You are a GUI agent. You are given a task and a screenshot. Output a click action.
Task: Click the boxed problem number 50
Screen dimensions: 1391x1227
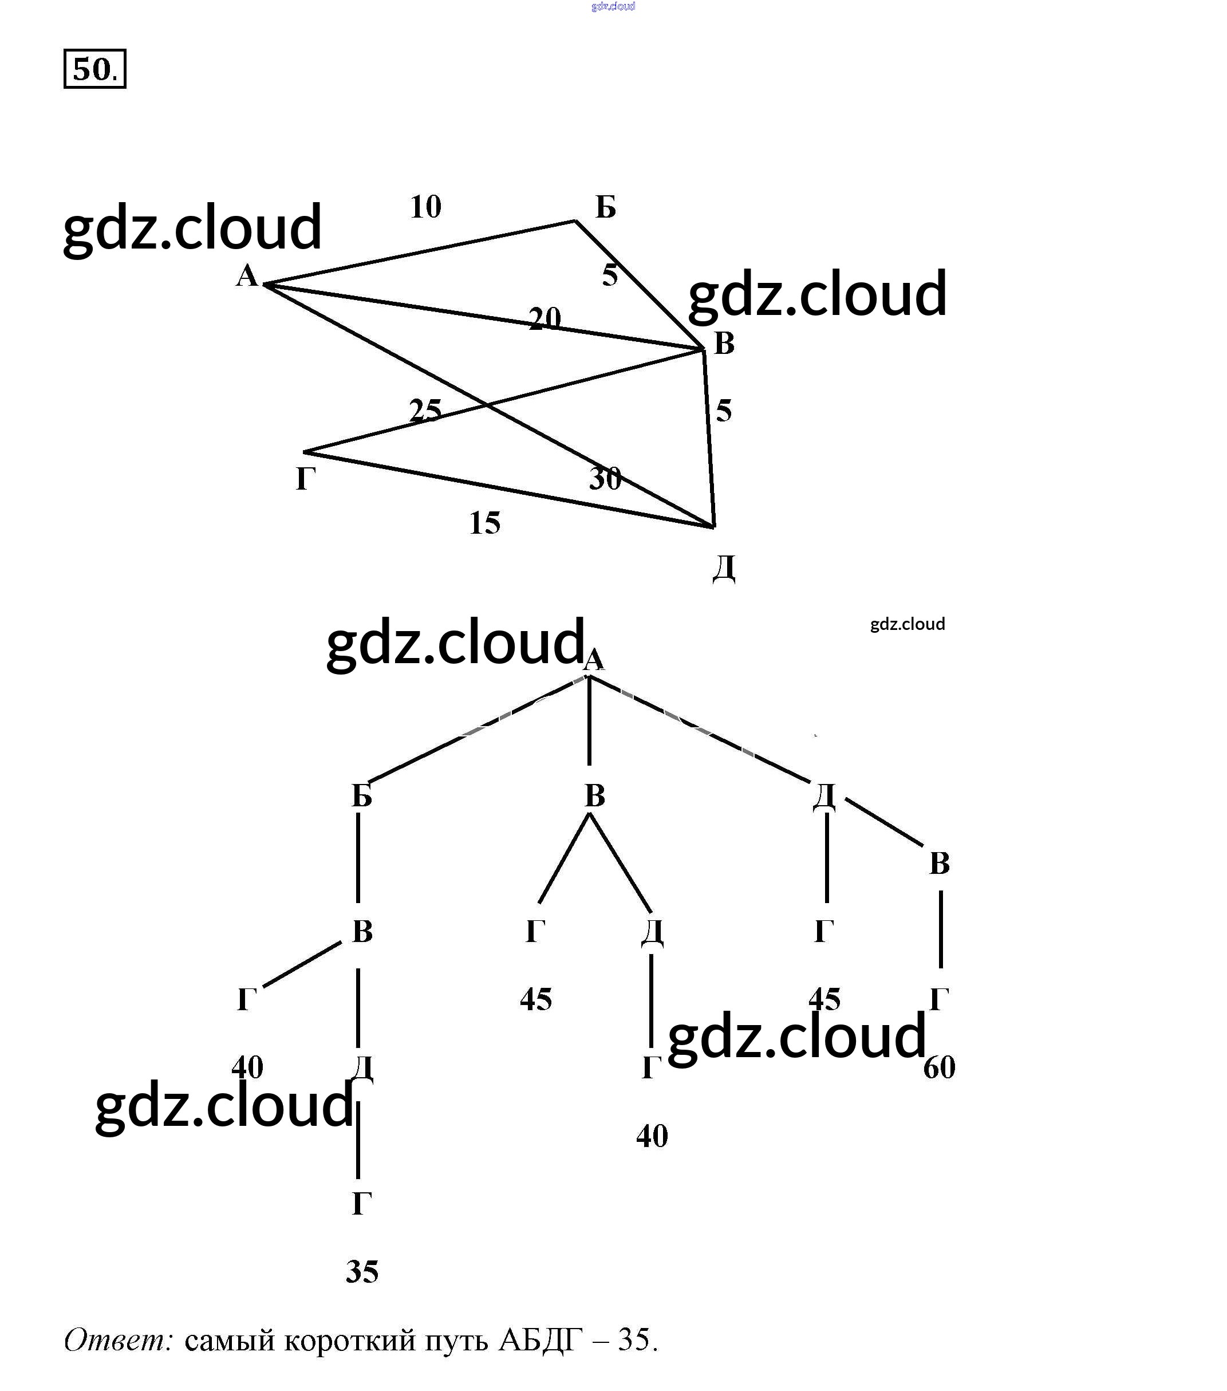coord(94,69)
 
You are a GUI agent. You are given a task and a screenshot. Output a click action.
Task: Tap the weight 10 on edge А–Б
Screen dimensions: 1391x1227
coord(425,207)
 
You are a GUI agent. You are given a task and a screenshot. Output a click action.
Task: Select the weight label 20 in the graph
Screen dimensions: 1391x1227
coord(545,318)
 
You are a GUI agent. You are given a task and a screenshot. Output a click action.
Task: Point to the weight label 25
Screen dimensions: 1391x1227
coord(425,409)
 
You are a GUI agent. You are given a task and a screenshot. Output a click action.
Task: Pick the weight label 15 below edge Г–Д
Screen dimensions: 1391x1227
coord(484,523)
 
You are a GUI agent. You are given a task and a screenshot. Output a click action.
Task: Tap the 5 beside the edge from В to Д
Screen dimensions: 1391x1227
coord(723,411)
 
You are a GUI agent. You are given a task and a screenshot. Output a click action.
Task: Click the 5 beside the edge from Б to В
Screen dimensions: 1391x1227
coord(610,275)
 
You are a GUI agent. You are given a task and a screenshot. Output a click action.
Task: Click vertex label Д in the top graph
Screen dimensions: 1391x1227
coord(723,568)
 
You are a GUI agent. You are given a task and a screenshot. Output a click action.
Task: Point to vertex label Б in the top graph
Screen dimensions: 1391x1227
coord(605,207)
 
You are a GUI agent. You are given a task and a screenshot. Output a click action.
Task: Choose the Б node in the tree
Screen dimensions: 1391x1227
coord(361,795)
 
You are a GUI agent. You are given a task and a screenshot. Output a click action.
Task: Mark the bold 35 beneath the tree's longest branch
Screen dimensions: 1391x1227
coord(361,1272)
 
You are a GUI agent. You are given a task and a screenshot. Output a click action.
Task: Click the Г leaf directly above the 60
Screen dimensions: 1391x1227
coord(939,1000)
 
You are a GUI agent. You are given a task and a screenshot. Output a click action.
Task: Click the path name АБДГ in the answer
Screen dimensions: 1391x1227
coord(540,1340)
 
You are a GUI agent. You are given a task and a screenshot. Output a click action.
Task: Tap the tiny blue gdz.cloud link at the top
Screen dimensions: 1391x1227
coord(613,6)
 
